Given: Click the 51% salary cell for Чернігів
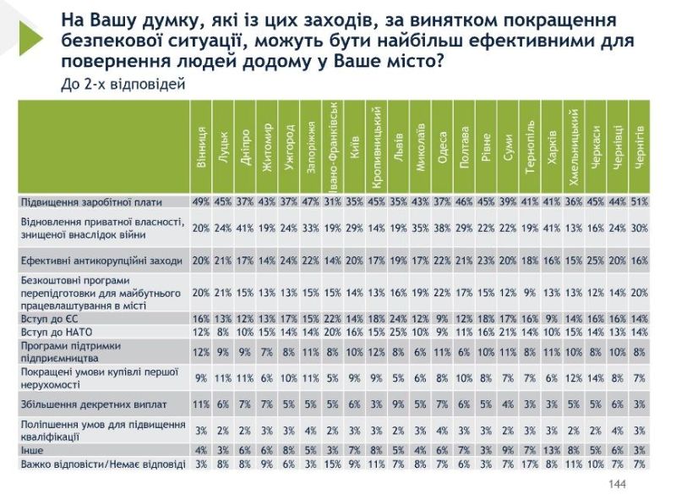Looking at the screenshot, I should coord(640,202).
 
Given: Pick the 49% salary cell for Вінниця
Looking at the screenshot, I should coord(200,202).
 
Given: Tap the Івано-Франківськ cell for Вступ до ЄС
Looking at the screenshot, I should coord(332,319).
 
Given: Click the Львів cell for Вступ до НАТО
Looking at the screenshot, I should coord(398,332).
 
